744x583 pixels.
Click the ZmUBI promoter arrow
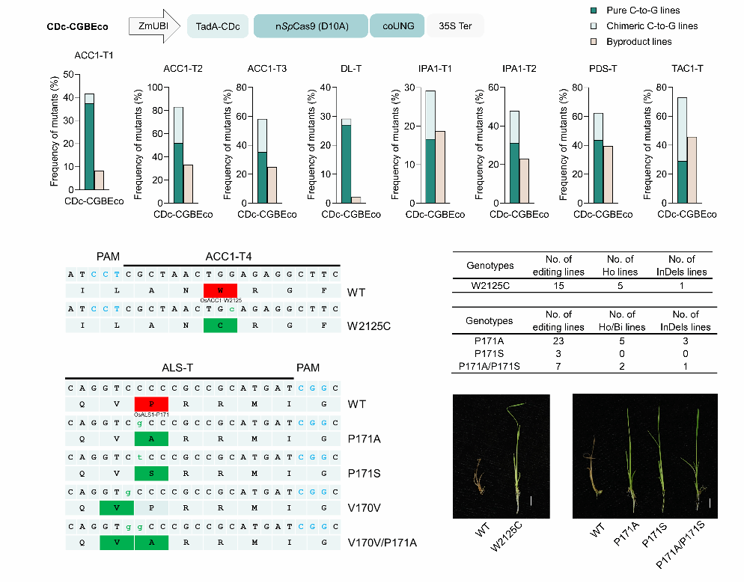[154, 26]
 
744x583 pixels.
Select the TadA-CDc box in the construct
[217, 26]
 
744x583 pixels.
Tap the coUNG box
[397, 26]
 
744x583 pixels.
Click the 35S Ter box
[456, 26]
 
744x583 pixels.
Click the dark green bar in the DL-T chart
[347, 164]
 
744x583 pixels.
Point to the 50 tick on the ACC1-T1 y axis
[68, 75]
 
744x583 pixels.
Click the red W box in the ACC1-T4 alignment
[220, 290]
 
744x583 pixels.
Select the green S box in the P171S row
[151, 473]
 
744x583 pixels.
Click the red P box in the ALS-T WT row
[151, 404]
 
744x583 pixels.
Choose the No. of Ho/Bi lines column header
[622, 320]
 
